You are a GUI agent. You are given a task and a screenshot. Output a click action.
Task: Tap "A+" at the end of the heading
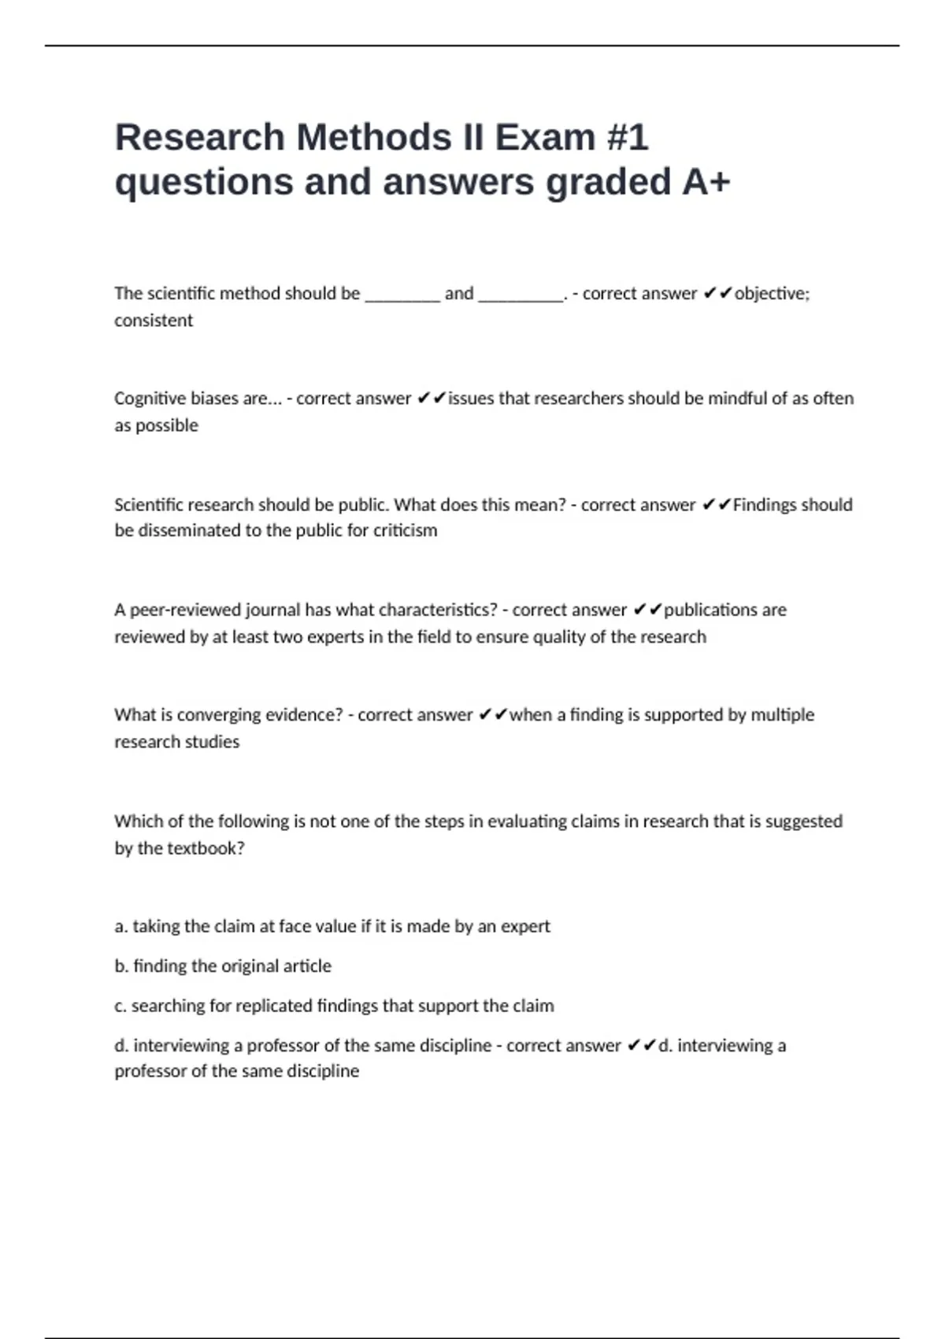tap(706, 182)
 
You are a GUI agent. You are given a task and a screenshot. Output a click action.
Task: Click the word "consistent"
tap(154, 321)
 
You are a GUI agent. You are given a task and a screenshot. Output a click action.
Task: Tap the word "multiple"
tap(782, 715)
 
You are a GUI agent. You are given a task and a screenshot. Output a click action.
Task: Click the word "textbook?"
tap(206, 848)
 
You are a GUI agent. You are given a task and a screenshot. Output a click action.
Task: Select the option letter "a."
tap(121, 927)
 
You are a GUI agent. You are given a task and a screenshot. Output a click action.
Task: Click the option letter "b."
tap(121, 966)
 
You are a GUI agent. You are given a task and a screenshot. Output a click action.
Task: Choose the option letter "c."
tap(120, 1007)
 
